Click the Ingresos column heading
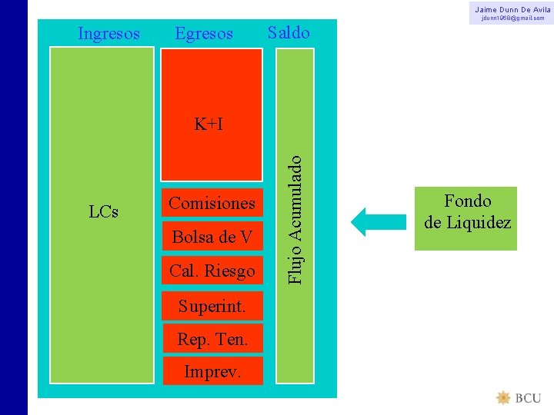click(x=109, y=34)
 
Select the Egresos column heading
click(x=204, y=34)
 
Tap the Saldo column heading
click(x=289, y=32)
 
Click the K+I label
click(x=209, y=124)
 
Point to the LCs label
click(x=103, y=212)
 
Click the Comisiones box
click(x=212, y=204)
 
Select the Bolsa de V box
click(x=212, y=237)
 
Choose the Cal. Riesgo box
click(x=212, y=271)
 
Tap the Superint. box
click(x=212, y=306)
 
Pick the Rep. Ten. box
click(x=212, y=338)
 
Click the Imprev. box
click(x=212, y=371)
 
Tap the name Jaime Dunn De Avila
click(x=512, y=8)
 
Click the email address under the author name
click(x=512, y=18)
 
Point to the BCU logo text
click(x=528, y=398)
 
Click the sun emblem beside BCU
click(x=503, y=397)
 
